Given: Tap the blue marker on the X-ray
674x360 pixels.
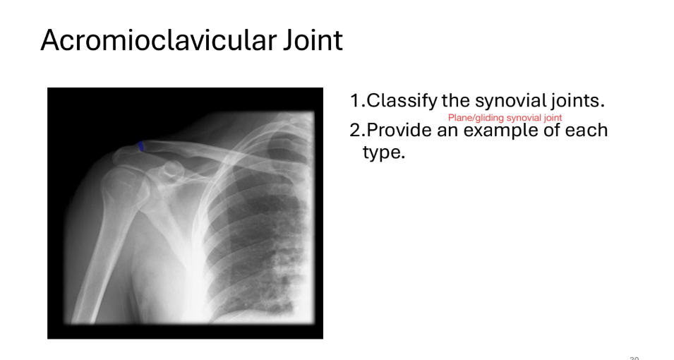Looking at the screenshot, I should coord(141,146).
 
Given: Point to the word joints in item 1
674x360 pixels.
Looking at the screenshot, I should coord(578,101).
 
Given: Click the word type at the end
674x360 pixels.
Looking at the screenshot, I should coord(383,152).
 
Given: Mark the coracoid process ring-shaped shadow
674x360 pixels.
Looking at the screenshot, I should coord(171,169).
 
